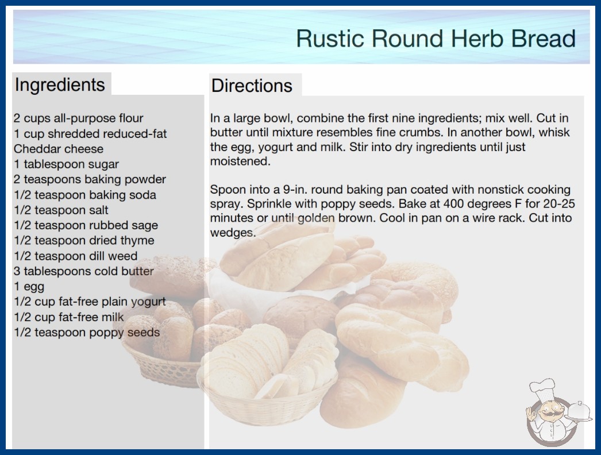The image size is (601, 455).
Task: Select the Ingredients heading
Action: click(60, 85)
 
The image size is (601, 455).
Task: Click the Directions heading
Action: click(252, 86)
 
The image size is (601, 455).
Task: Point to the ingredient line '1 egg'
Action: click(29, 287)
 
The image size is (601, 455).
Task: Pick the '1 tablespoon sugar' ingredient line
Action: click(66, 164)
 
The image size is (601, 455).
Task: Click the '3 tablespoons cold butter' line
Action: click(83, 271)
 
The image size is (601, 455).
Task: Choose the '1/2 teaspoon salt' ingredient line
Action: click(61, 210)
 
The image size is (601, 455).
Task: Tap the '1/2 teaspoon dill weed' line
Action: click(75, 256)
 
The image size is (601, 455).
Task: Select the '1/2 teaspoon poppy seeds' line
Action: click(87, 332)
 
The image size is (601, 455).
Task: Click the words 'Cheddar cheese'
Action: click(59, 149)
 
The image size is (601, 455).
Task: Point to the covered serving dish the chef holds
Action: click(579, 412)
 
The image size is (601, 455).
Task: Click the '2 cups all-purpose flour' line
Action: click(78, 118)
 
